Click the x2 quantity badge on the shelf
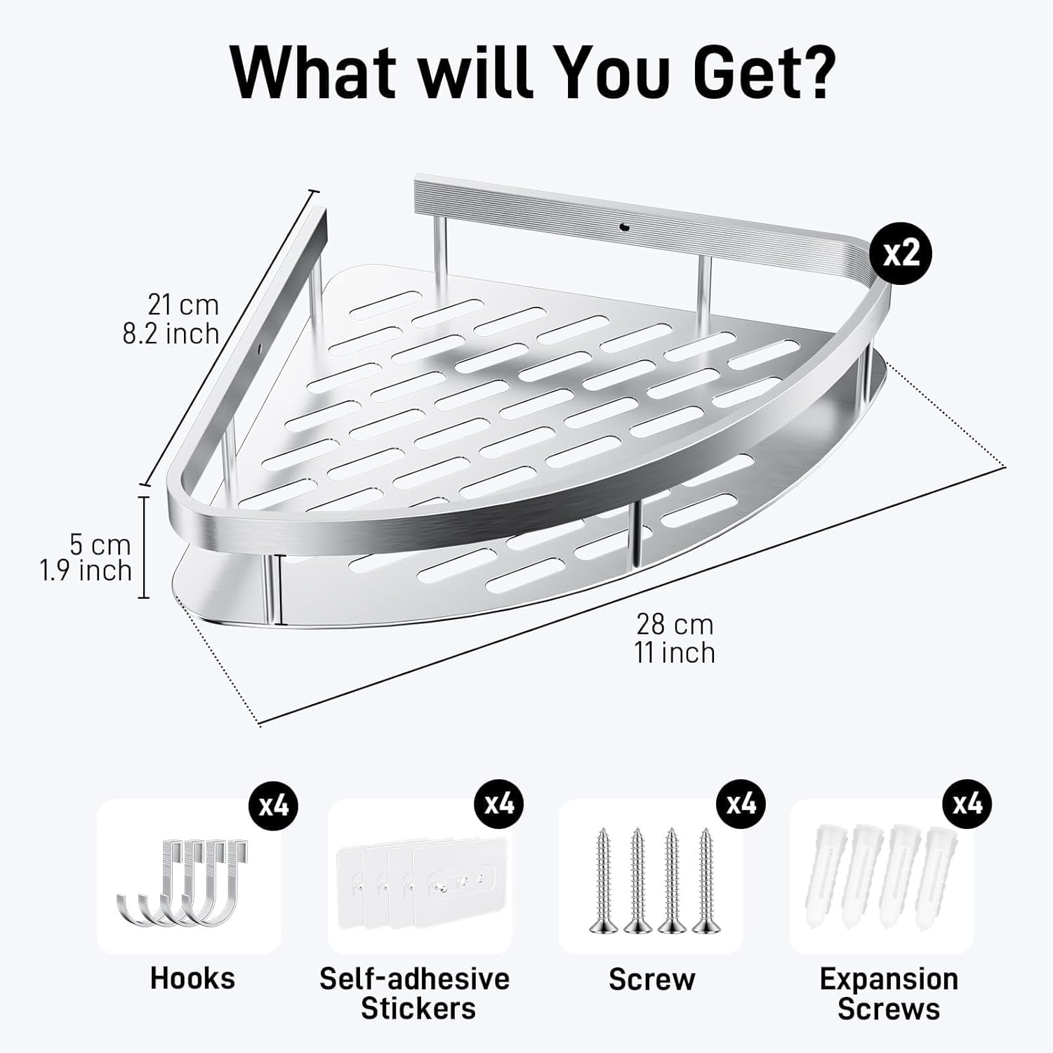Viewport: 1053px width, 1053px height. tap(901, 253)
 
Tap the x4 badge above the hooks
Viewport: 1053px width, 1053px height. tap(273, 803)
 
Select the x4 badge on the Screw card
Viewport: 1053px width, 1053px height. tap(740, 803)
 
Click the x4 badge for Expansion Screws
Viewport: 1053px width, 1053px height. tap(967, 803)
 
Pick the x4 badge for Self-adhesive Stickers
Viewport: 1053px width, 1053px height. tap(499, 803)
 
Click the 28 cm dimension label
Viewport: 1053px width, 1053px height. tap(675, 623)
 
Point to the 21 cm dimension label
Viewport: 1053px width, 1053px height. tap(183, 305)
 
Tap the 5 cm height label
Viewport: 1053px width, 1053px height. tap(100, 544)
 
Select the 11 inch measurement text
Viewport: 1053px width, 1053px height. tap(675, 652)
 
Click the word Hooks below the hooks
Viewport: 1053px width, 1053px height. tap(192, 978)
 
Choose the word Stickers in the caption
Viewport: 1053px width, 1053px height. tap(418, 1008)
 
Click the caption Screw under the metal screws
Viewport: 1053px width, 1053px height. tap(651, 979)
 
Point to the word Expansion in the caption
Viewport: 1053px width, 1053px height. tap(889, 979)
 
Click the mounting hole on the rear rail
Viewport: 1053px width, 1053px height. tap(623, 227)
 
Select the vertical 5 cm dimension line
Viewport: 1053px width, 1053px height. tap(144, 547)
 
